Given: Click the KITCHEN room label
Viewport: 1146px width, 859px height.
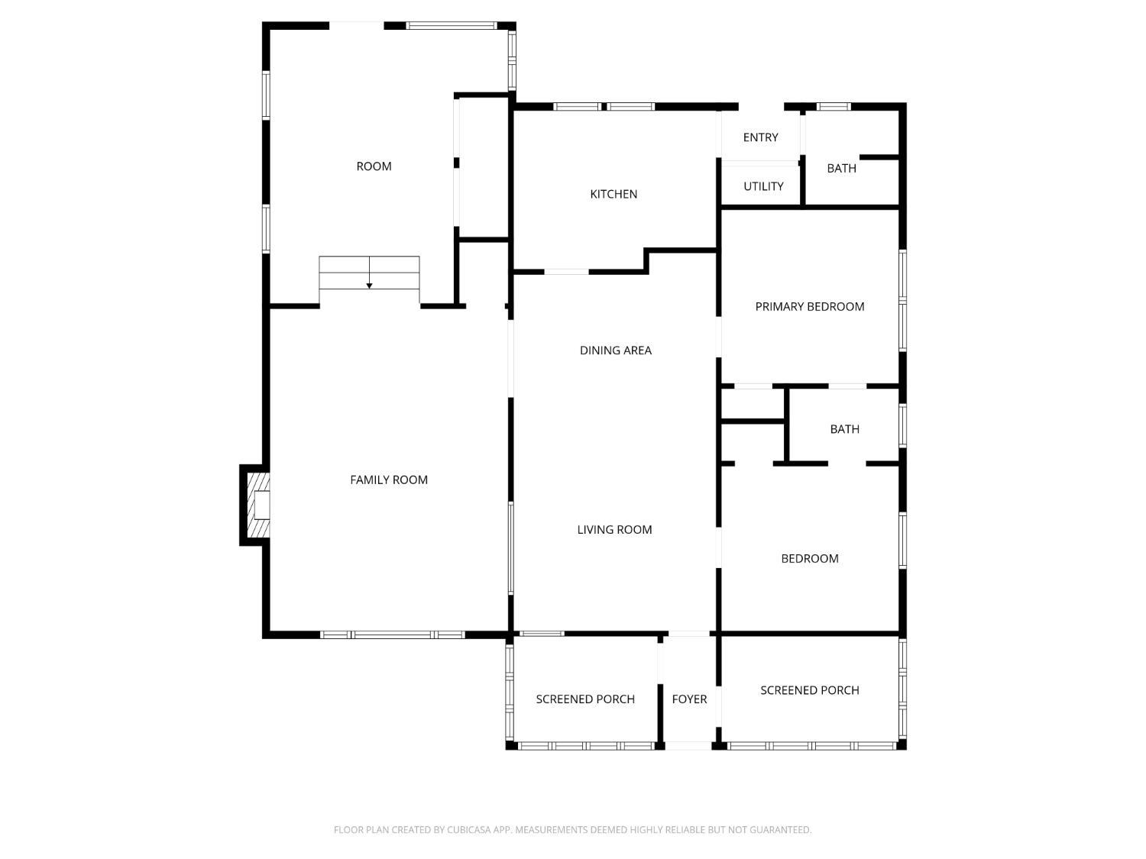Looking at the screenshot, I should [x=613, y=194].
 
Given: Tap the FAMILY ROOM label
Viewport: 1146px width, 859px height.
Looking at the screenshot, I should [x=389, y=480].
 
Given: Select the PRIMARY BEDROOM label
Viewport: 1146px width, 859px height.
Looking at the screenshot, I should [x=809, y=306].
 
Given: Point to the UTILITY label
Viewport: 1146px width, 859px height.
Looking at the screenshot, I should [x=763, y=186].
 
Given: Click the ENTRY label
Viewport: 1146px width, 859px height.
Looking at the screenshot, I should [x=760, y=137].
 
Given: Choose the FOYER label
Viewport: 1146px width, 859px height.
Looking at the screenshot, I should [x=689, y=699].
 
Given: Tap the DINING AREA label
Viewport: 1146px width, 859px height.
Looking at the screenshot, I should [x=615, y=350].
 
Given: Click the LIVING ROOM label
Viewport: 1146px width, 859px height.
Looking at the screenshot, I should [x=614, y=529].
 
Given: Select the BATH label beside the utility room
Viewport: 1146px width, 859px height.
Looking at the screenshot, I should [x=841, y=168].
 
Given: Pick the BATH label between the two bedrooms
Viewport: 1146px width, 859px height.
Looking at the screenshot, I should [x=844, y=429].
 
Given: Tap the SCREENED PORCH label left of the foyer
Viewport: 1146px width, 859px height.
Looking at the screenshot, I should [x=585, y=699].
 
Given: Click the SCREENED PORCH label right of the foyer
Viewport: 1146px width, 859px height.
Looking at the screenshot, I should [x=809, y=690].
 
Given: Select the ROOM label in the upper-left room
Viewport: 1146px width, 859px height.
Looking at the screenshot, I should [x=374, y=166].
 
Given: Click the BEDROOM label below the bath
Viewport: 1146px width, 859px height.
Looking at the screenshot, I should [x=809, y=558].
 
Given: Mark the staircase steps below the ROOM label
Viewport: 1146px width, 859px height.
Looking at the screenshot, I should [x=369, y=273].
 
